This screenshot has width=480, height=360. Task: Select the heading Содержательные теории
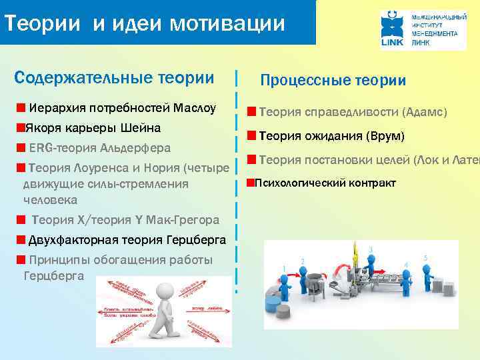coord(114,77)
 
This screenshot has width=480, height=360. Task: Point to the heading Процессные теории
coord(333,81)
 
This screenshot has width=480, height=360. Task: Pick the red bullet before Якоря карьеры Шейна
coord(21,127)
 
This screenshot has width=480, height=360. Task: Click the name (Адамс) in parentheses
coord(424,111)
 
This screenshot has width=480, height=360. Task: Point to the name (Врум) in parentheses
coord(386,137)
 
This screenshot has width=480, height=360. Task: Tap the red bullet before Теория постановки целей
coord(251,159)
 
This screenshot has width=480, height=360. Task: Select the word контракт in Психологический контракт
coord(369,183)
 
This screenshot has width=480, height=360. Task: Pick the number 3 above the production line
coord(370,249)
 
